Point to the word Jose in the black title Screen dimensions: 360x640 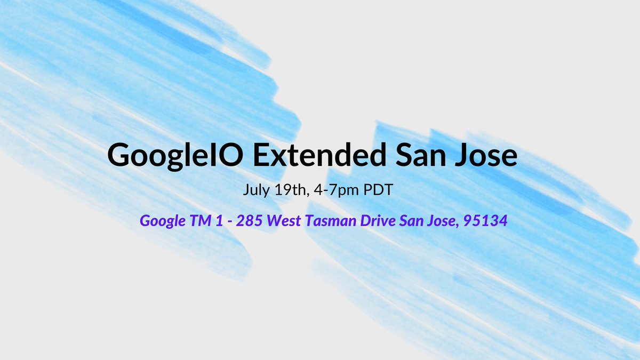tap(490, 155)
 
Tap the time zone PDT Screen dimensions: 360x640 tap(378, 190)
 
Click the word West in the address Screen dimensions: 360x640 tap(284, 220)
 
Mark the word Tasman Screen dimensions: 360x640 tap(329, 220)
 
